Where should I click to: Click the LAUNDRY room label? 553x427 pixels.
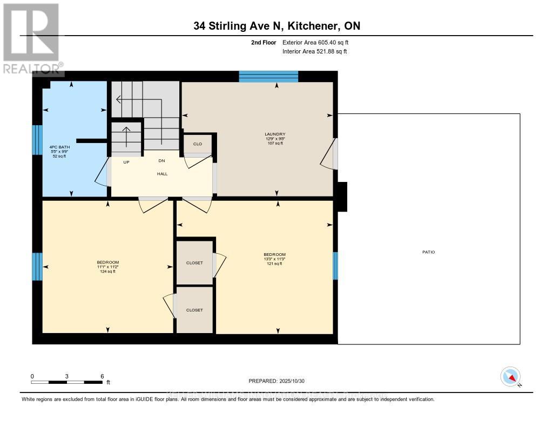pos(274,134)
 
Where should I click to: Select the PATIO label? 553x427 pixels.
pos(429,252)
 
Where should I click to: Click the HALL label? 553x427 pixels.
pos(162,174)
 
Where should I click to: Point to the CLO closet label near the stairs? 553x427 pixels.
pos(197,144)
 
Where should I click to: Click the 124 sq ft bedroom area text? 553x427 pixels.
pos(108,272)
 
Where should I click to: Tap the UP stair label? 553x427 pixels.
pos(126,161)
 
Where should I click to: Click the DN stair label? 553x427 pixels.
pos(161,161)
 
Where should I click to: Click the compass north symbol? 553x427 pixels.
pos(510,376)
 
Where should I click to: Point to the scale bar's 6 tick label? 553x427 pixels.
pos(102,376)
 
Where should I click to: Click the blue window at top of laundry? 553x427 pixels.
pos(268,76)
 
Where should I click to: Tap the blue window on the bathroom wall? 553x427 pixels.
pos(37,140)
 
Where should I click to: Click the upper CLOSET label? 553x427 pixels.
pos(194,263)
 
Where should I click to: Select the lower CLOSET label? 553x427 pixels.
pos(194,310)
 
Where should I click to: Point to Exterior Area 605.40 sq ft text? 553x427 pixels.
pos(319,42)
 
